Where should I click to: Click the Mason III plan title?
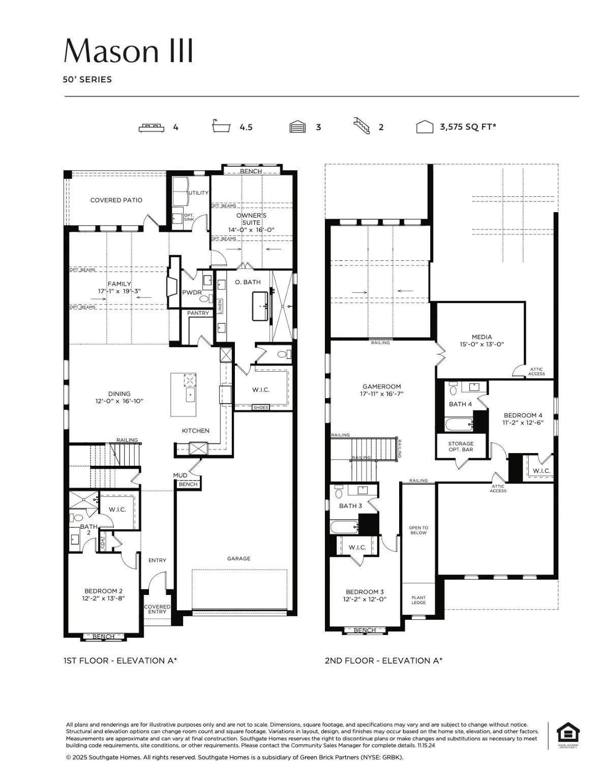[128, 50]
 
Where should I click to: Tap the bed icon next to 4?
[152, 127]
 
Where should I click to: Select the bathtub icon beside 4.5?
[221, 126]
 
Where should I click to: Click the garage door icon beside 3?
[297, 127]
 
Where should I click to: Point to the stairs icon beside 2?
[361, 126]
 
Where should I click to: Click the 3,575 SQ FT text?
[467, 127]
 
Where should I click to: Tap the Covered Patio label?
[116, 200]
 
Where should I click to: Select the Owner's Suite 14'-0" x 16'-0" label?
[251, 222]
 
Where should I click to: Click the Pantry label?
[198, 313]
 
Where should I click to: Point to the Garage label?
[238, 558]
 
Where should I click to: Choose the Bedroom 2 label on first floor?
[103, 594]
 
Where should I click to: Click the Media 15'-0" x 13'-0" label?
[481, 340]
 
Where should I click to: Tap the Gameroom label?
[381, 389]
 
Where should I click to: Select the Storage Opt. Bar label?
[461, 446]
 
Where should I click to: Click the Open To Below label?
[418, 530]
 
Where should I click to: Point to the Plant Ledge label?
[418, 600]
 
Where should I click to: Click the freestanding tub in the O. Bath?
[260, 306]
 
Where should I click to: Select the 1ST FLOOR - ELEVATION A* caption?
[120, 660]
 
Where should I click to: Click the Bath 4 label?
[460, 404]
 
